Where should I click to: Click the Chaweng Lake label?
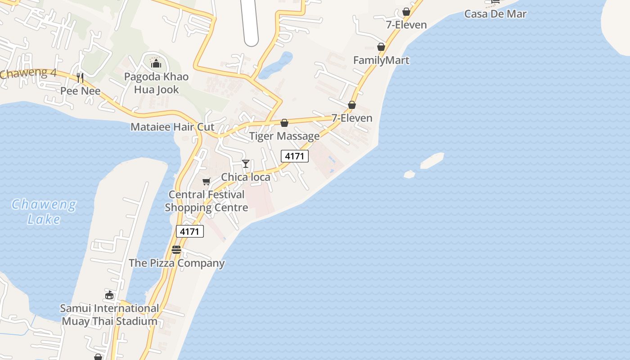44,211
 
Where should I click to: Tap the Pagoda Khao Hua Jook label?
156,83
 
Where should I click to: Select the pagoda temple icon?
156,63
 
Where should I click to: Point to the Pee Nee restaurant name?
81,91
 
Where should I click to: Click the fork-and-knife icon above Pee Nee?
80,78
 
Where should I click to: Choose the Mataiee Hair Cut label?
172,127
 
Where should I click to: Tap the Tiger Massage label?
284,136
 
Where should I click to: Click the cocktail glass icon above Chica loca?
246,163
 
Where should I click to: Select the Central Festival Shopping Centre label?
207,201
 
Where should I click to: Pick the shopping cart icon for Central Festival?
206,181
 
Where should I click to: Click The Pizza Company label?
177,263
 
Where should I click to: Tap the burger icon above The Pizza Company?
176,250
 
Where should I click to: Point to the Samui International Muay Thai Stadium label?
110,315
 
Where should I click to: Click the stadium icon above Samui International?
109,295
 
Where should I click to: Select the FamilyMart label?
381,60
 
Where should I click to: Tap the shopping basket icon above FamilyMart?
381,47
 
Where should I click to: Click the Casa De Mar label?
495,13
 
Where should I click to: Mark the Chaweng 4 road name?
28,73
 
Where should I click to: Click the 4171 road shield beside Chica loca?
295,156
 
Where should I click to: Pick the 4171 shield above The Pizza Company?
189,231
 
